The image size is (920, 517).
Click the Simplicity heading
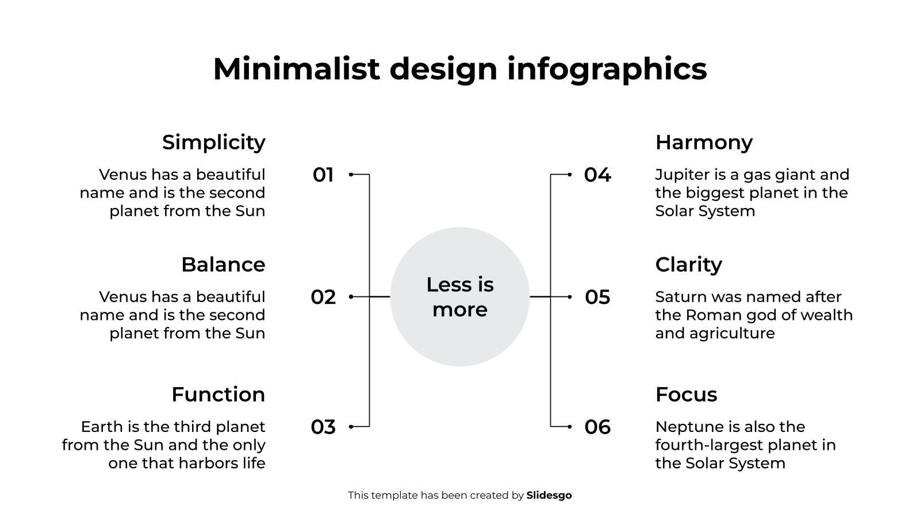[x=213, y=143]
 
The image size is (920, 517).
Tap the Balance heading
[x=224, y=265]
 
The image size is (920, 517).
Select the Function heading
[x=218, y=394]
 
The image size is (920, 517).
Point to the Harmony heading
[x=704, y=143]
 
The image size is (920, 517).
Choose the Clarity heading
[x=689, y=265]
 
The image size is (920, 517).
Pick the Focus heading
[x=687, y=394]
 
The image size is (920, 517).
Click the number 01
[x=323, y=175]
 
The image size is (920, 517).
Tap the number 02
[x=323, y=297]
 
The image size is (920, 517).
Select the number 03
[x=323, y=427]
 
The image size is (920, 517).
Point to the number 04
[x=597, y=175]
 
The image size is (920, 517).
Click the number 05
[x=597, y=297]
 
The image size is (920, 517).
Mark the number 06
[x=597, y=427]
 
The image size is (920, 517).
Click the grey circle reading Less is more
[x=460, y=296]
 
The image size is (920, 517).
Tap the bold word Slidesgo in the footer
[x=549, y=495]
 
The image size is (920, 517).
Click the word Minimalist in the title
[x=296, y=68]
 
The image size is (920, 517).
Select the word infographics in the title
[x=607, y=70]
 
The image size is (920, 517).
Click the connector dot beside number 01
[x=351, y=175]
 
